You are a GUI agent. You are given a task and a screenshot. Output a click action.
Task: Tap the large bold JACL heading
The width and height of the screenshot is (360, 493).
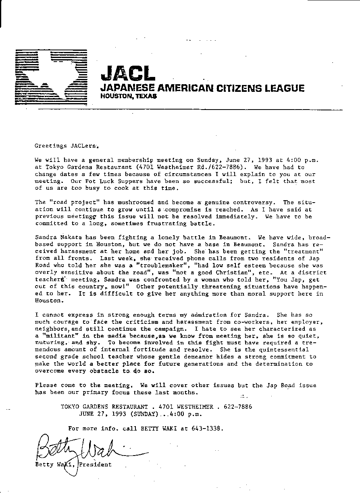coord(127,73)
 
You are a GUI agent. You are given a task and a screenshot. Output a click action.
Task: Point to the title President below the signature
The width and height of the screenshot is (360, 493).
coord(96,464)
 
